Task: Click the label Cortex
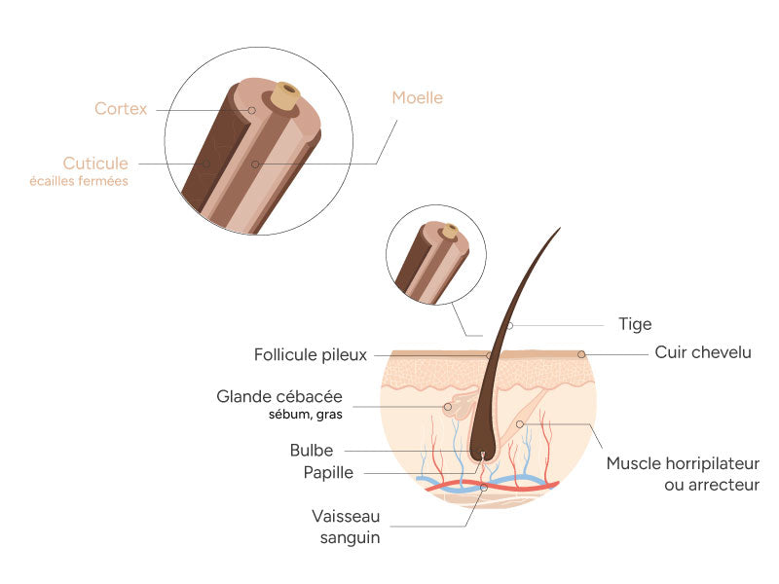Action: (121, 109)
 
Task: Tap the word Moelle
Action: (417, 97)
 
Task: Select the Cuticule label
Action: (95, 163)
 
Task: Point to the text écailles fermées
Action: (95, 181)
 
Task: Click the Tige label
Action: (635, 324)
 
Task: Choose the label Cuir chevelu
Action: (703, 352)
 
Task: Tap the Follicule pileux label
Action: (311, 355)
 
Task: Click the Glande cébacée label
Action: (279, 397)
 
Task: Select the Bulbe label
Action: (312, 451)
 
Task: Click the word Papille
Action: (328, 473)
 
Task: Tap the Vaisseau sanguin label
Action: (346, 526)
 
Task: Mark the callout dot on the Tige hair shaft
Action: (509, 325)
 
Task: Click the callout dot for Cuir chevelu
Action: (581, 354)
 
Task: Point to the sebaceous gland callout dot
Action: (448, 407)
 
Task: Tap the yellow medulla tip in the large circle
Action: (285, 94)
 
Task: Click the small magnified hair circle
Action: (435, 255)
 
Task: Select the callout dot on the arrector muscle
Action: (520, 424)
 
